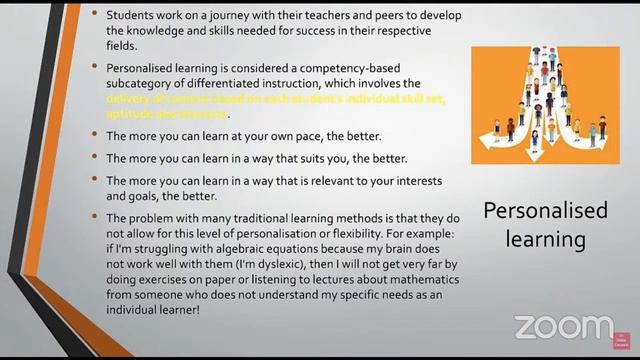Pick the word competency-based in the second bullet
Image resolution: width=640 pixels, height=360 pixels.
[x=368, y=66]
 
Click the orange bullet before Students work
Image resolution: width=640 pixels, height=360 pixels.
[x=96, y=17]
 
